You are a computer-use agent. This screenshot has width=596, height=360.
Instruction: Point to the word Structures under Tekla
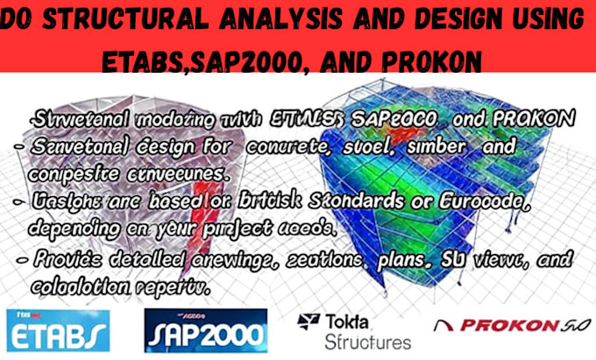(x=367, y=341)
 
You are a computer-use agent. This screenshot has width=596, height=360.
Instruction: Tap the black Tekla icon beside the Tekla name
(x=309, y=321)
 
